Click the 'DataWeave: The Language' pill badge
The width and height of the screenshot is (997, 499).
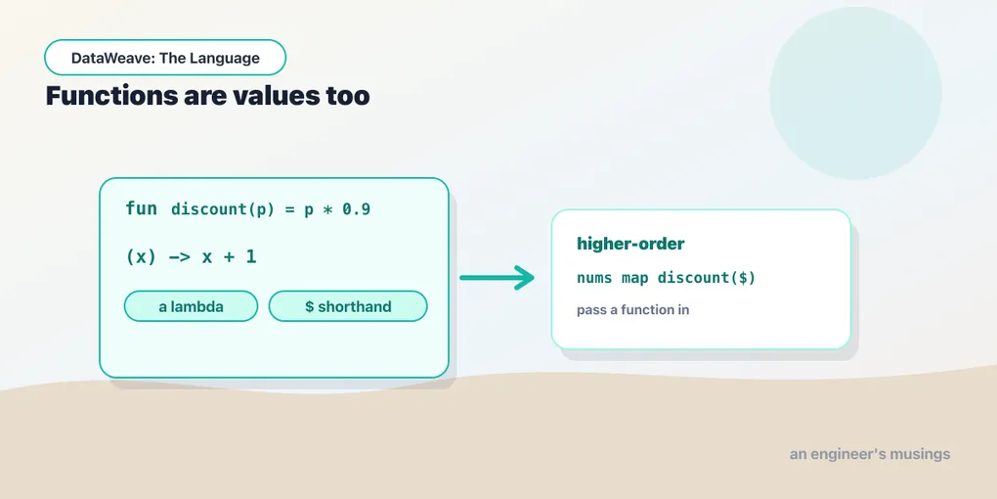165,58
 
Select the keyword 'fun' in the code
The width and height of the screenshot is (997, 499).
141,209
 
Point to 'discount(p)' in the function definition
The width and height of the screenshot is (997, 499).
223,210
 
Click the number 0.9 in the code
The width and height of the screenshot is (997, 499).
357,210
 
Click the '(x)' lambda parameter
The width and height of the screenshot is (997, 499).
141,257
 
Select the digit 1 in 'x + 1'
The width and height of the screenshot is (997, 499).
250,257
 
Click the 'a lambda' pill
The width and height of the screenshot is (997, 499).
191,307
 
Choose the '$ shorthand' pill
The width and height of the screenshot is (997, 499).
348,307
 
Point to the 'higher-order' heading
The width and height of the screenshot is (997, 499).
630,244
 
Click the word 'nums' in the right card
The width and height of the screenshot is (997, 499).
594,278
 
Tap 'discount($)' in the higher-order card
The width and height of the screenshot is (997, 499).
707,278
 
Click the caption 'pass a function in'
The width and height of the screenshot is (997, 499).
633,310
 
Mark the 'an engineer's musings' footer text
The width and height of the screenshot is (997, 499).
870,454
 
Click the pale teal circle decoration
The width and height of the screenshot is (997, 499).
855,93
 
